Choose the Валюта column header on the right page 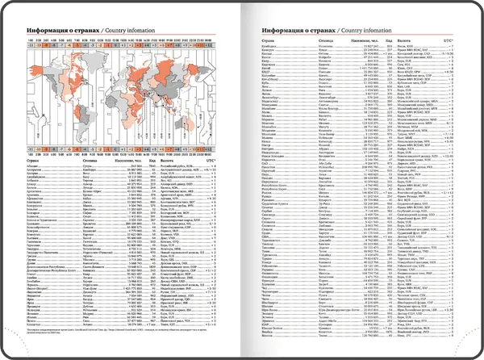pyautogui.click(x=401, y=40)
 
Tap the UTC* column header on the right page pyautogui.click(x=449, y=40)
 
